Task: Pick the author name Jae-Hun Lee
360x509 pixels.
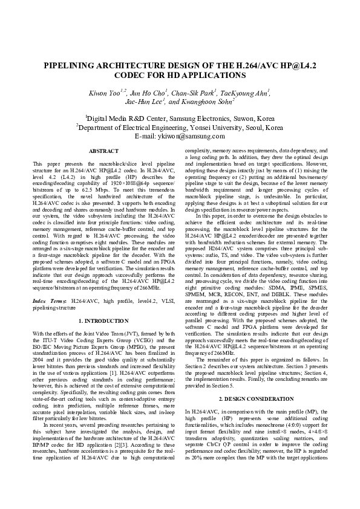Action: [139, 103]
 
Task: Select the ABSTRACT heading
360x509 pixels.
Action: [103, 151]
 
